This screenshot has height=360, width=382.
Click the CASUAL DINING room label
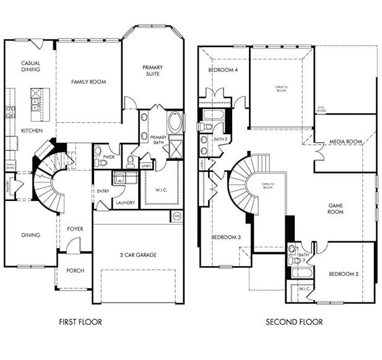click(x=30, y=66)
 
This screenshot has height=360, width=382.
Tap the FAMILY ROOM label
click(x=88, y=82)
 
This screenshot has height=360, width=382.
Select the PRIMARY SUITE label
click(x=152, y=70)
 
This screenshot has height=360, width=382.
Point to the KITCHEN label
click(x=32, y=131)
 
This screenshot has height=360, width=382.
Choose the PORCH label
click(x=75, y=271)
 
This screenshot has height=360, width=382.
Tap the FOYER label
click(x=75, y=229)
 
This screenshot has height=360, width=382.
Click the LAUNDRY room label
click(x=125, y=202)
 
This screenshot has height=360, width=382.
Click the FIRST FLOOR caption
click(x=80, y=322)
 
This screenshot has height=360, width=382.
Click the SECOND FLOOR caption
click(x=294, y=322)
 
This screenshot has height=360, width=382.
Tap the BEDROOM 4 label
click(x=223, y=70)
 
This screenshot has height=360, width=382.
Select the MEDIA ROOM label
click(x=345, y=142)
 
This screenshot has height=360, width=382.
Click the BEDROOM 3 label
click(x=226, y=238)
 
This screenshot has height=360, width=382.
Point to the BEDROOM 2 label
click(x=344, y=274)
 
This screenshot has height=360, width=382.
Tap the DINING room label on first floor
click(x=30, y=235)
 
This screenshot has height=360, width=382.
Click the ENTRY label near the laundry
click(x=103, y=191)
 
